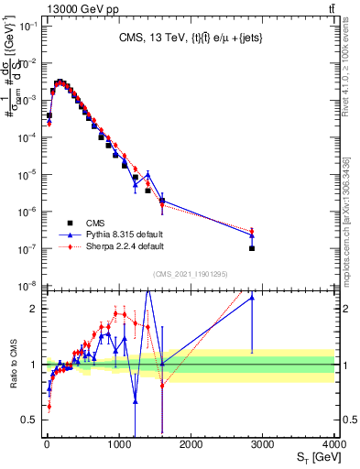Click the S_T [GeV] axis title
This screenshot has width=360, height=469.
click(x=312, y=457)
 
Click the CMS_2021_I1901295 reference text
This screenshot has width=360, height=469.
click(x=191, y=273)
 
